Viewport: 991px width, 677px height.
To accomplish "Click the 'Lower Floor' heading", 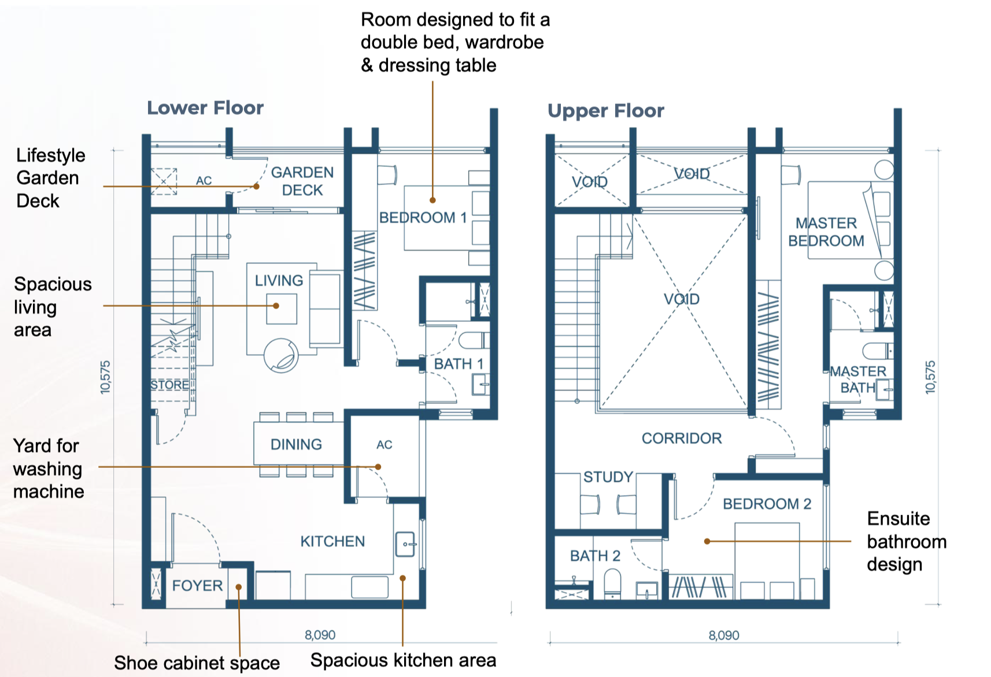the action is (205, 108).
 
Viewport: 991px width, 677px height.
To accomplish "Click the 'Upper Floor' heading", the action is (606, 111).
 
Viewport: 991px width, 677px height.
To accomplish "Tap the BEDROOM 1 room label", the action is (423, 217).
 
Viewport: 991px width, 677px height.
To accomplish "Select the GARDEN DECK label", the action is (302, 181).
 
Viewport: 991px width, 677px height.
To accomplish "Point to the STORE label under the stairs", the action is (169, 385).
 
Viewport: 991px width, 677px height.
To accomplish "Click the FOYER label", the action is (197, 586).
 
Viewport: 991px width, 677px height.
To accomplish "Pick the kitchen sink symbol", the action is (405, 544).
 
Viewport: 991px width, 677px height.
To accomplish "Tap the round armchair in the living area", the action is (281, 356).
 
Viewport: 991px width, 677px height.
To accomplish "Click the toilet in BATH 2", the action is (612, 584).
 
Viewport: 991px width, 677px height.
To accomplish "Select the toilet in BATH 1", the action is (474, 341).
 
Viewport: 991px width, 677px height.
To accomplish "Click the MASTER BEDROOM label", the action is (826, 232).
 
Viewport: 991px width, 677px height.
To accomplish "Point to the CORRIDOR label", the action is (682, 438).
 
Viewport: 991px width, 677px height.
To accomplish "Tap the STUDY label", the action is (608, 477).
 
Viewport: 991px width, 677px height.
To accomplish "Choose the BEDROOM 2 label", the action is (767, 504).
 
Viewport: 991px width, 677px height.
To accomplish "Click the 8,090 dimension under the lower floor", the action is (320, 635).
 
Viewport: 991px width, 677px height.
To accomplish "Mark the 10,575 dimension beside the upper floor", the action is (930, 377).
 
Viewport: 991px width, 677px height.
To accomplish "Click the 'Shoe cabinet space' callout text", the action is (197, 663).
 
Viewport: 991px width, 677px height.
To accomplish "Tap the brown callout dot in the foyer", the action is (239, 587).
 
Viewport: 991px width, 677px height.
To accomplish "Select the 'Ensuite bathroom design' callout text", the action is (907, 541).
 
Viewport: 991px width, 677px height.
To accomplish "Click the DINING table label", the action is (296, 444).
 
